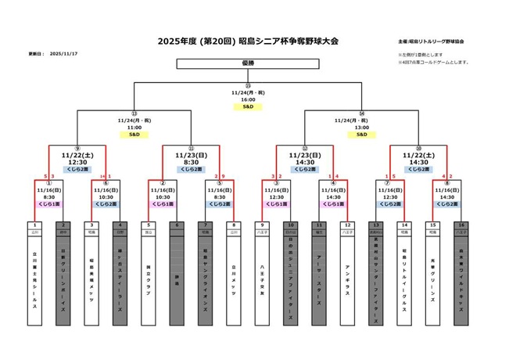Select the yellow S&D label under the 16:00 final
pos(248,107)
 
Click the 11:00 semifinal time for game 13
pos(134,127)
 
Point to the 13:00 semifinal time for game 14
pos(362,127)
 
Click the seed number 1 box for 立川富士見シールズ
pos(35,225)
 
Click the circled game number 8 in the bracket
pos(447,183)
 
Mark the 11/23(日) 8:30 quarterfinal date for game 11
pos(192,158)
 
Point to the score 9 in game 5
pos(224,176)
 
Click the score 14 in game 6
pos(102,176)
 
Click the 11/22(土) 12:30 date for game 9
pos(77,158)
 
